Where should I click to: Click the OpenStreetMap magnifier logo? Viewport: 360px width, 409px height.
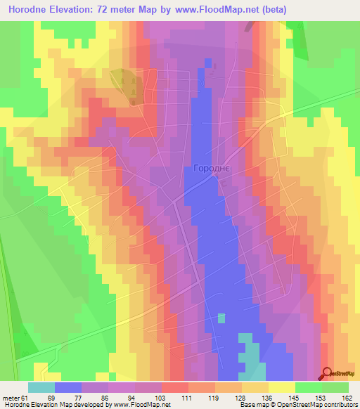(x=327, y=374)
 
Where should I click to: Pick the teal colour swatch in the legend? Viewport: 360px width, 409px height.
(x=41, y=387)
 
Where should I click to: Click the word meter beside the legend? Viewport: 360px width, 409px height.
(x=10, y=397)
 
